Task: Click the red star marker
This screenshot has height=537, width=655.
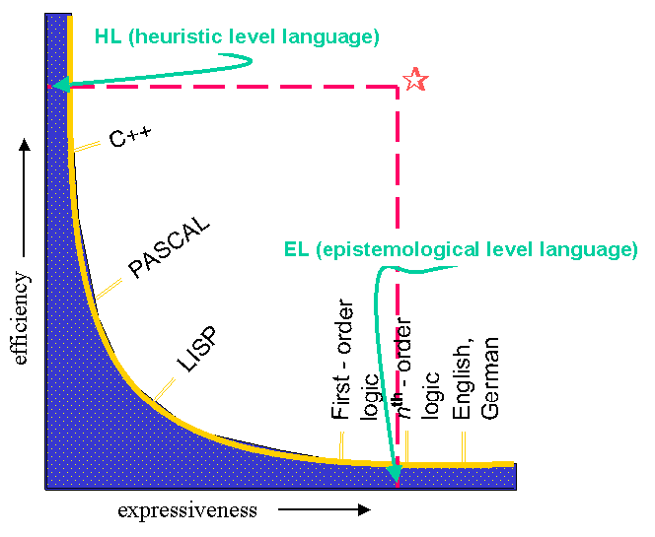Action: pyautogui.click(x=415, y=79)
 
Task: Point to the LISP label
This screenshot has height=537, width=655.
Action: pyautogui.click(x=197, y=349)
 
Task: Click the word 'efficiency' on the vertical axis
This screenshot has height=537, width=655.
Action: pyautogui.click(x=21, y=318)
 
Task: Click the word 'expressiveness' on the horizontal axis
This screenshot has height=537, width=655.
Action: pyautogui.click(x=187, y=510)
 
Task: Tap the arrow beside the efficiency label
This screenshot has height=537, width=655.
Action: pyautogui.click(x=25, y=197)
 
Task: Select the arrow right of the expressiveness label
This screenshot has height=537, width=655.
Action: pyautogui.click(x=325, y=509)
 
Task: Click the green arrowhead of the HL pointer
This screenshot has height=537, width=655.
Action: pyautogui.click(x=60, y=85)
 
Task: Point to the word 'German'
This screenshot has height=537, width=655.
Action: pyautogui.click(x=489, y=378)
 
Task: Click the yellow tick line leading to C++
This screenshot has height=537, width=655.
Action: pyautogui.click(x=87, y=147)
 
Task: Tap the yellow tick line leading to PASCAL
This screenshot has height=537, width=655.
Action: pyautogui.click(x=109, y=289)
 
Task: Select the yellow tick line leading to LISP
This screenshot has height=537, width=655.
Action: pyautogui.click(x=164, y=389)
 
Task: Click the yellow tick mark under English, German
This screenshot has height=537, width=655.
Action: pyautogui.click(x=464, y=447)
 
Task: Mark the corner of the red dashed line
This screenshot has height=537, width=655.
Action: pyautogui.click(x=398, y=87)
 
